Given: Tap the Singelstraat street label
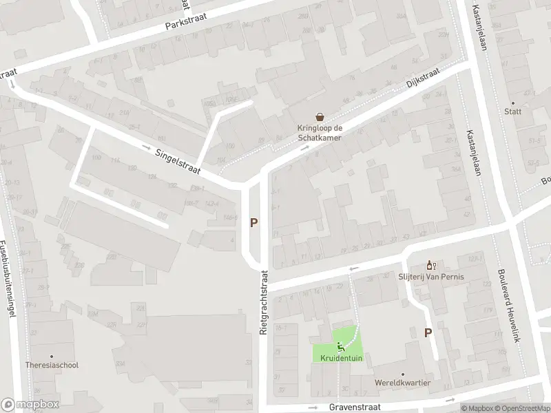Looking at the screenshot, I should point(178,159).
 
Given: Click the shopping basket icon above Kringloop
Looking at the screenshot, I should point(320,117).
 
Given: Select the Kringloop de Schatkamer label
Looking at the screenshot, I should point(320,132).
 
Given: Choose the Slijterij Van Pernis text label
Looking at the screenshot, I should point(431,277).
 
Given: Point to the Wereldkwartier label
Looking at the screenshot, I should point(404,382).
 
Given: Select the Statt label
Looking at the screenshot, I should point(512,111).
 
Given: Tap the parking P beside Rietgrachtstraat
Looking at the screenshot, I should point(254,222).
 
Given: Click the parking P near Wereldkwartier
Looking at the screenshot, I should point(428,332).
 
